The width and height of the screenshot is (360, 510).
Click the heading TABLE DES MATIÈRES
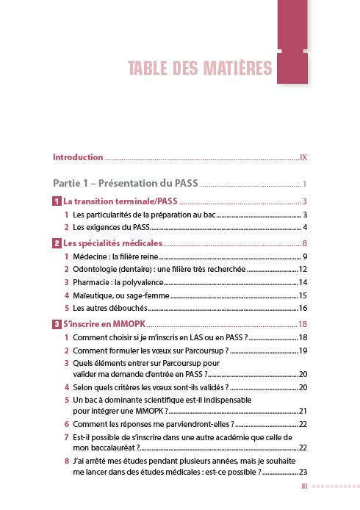click(200, 69)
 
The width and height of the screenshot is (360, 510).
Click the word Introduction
click(78, 157)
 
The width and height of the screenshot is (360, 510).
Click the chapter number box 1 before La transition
click(57, 201)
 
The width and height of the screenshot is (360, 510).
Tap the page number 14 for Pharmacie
click(302, 283)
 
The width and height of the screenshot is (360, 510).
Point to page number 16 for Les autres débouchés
click(302, 309)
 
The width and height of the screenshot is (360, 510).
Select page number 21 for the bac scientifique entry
click(302, 411)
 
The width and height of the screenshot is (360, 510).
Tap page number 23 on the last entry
click(302, 472)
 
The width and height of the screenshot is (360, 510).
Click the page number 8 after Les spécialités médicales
click(303, 243)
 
